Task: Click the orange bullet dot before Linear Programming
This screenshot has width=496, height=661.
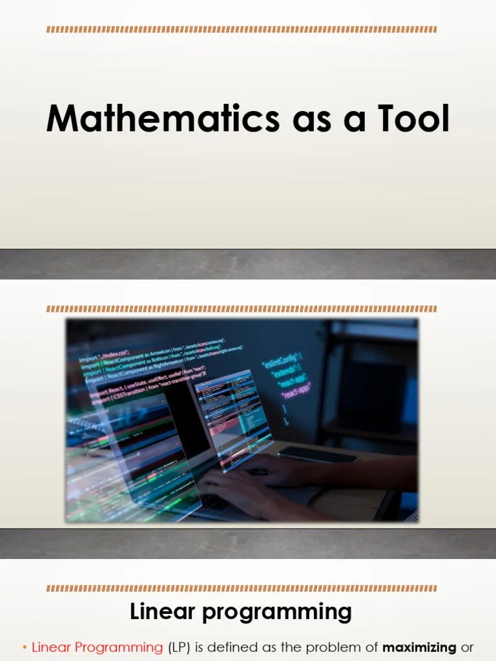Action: click(24, 648)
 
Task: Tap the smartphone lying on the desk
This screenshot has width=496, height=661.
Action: click(316, 454)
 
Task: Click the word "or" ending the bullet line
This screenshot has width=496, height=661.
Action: click(467, 647)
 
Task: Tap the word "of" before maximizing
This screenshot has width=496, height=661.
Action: click(371, 647)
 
